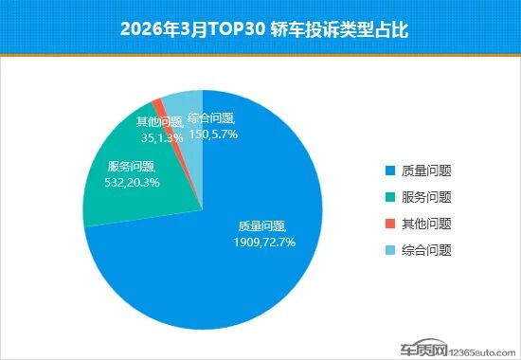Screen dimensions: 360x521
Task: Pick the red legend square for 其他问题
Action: pos(390,225)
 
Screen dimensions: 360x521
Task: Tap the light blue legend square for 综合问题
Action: pos(390,251)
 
